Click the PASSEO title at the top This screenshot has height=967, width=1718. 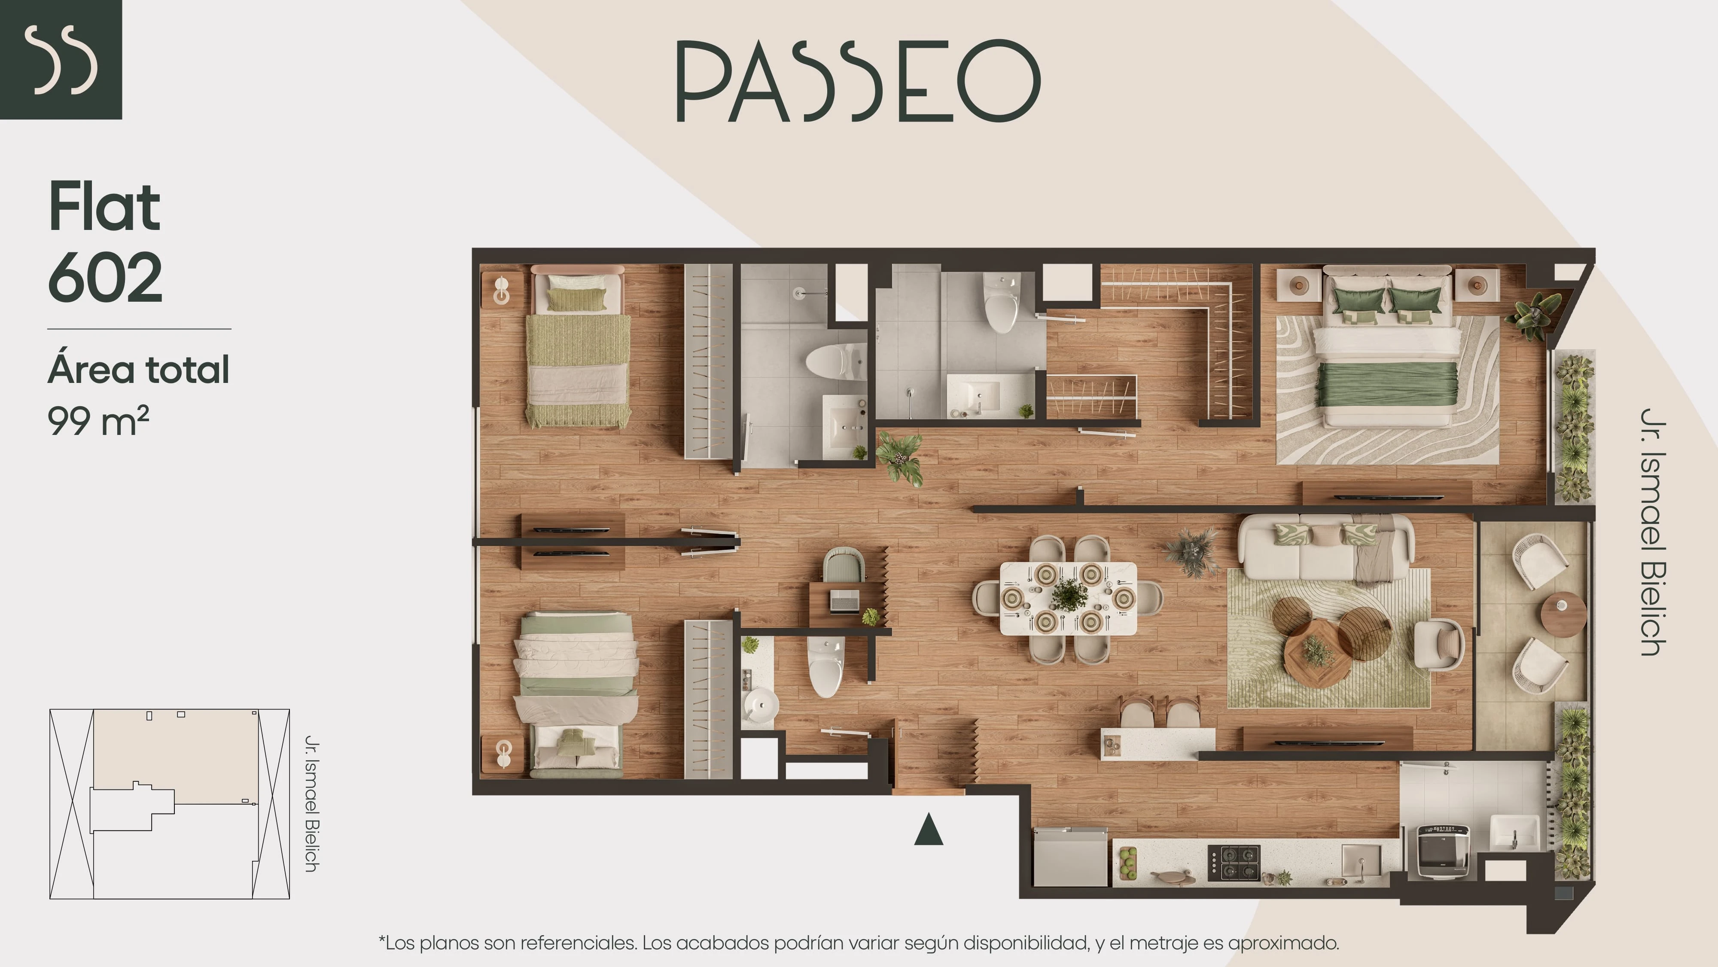click(858, 81)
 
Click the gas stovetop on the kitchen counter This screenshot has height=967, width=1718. click(1233, 863)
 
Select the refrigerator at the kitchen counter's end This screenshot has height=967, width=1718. click(1070, 857)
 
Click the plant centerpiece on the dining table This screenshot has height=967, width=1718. click(1069, 595)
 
